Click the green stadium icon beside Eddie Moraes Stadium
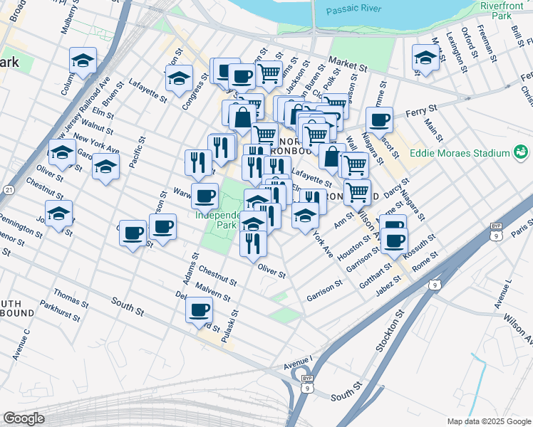point(521,152)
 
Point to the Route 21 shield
point(8,190)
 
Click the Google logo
point(24,418)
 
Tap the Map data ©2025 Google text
point(487,421)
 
